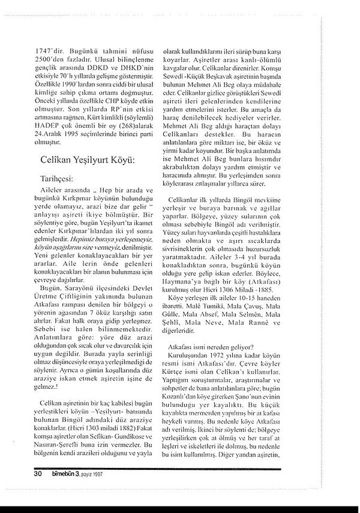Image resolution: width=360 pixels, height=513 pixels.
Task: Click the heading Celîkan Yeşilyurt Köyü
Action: click(x=83, y=160)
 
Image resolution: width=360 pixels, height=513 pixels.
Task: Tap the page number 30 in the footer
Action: click(x=22, y=473)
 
